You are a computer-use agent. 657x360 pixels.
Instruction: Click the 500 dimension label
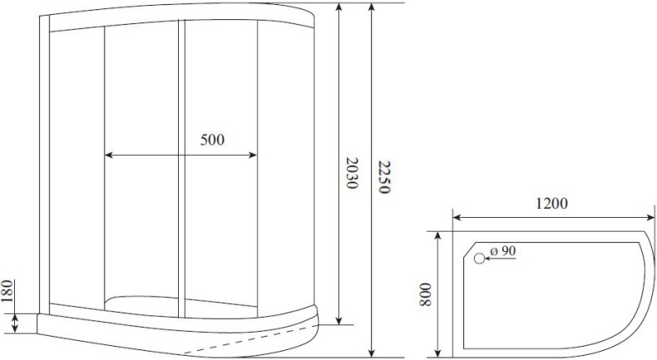coord(212,140)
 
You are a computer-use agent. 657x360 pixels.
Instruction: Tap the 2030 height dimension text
coord(352,173)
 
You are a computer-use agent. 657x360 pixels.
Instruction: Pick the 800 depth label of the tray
coord(425,292)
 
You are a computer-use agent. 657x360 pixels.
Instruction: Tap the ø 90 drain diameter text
coord(503,251)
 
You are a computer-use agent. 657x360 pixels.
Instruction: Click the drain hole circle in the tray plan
coord(479,259)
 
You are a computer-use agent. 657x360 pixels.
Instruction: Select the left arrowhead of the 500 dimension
coord(109,155)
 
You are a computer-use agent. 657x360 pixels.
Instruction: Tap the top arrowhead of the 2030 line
coord(339,7)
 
